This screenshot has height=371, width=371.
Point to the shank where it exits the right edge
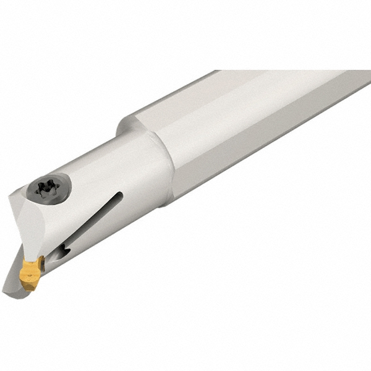tap(365, 87)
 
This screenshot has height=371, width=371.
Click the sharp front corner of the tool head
tap(9, 197)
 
